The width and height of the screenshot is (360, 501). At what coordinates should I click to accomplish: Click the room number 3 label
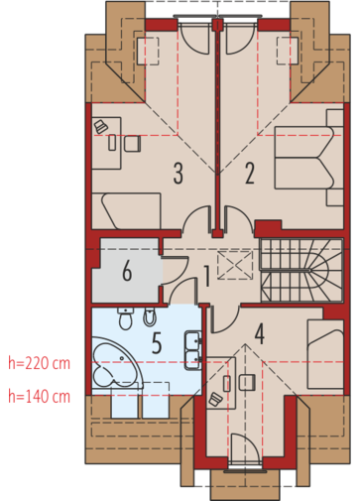pyautogui.click(x=179, y=174)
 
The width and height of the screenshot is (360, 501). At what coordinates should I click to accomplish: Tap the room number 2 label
pyautogui.click(x=250, y=174)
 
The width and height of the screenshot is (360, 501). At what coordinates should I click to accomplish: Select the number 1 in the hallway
pyautogui.click(x=207, y=276)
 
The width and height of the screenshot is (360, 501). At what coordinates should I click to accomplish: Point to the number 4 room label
pyautogui.click(x=260, y=334)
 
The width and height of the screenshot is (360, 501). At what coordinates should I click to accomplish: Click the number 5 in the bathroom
pyautogui.click(x=157, y=343)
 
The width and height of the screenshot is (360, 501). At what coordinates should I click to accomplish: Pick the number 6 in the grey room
pyautogui.click(x=127, y=271)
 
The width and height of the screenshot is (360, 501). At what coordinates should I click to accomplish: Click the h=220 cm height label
pyautogui.click(x=40, y=363)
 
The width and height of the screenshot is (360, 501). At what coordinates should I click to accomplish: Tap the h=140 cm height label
pyautogui.click(x=40, y=397)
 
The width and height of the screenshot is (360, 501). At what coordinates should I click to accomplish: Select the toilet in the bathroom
pyautogui.click(x=125, y=318)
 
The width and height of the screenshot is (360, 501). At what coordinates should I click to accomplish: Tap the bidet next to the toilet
pyautogui.click(x=150, y=316)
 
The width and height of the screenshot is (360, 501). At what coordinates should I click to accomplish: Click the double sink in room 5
pyautogui.click(x=192, y=350)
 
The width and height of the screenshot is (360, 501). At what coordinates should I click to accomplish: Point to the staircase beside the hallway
pyautogui.click(x=301, y=270)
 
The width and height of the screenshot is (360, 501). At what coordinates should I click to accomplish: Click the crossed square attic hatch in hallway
pyautogui.click(x=235, y=265)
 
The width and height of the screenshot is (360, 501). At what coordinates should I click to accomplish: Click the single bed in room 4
pyautogui.click(x=325, y=353)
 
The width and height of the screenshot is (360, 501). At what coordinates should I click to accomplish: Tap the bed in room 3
pyautogui.click(x=126, y=211)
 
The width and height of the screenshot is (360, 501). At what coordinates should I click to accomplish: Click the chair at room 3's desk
pyautogui.click(x=133, y=144)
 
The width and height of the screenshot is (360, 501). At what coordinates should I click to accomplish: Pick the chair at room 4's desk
pyautogui.click(x=247, y=383)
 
